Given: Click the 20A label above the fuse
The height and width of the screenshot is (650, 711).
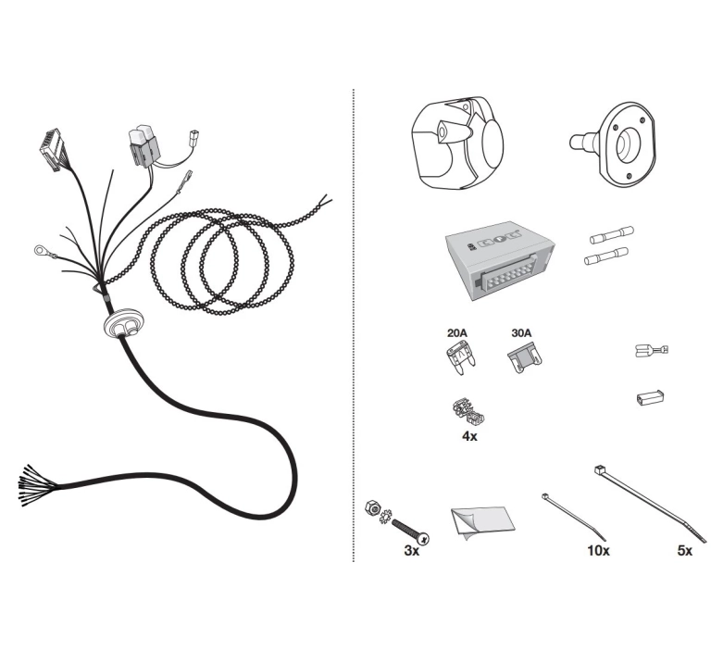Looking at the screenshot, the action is (456, 333).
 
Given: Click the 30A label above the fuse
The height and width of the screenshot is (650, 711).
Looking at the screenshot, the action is (521, 333).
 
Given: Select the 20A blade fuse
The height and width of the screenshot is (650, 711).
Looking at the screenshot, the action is (461, 359).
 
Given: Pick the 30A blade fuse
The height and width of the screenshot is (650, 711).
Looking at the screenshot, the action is (525, 358).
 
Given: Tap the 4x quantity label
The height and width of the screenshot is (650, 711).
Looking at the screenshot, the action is (469, 436).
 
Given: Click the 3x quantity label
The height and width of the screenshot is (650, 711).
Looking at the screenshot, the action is (412, 551).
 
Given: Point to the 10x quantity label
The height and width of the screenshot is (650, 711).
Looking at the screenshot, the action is (599, 551).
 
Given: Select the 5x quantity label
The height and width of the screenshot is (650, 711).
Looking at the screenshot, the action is (685, 551).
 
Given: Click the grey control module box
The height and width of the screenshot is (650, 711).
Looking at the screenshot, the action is (500, 260).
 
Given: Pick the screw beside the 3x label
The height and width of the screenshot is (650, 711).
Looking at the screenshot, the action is (410, 531).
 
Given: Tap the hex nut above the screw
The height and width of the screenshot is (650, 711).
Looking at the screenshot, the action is (372, 507).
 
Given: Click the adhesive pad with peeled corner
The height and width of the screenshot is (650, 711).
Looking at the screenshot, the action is (483, 523).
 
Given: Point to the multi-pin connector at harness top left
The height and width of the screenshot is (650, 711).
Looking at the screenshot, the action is (51, 150).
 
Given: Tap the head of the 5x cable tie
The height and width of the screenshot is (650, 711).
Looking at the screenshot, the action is (600, 470).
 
